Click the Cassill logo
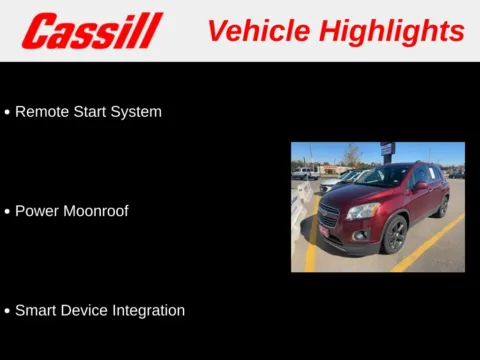tap(91, 31)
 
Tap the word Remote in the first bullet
tap(42, 112)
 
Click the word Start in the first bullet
tap(93, 112)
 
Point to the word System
tap(138, 112)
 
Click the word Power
tap(37, 211)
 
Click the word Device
tap(86, 310)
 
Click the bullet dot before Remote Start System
tap(8, 113)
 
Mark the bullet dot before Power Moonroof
tap(8, 212)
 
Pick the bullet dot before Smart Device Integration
tap(8, 311)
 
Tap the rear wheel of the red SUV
tap(443, 207)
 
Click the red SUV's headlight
tap(364, 211)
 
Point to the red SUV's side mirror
tap(421, 186)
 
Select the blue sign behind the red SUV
tap(387, 149)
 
